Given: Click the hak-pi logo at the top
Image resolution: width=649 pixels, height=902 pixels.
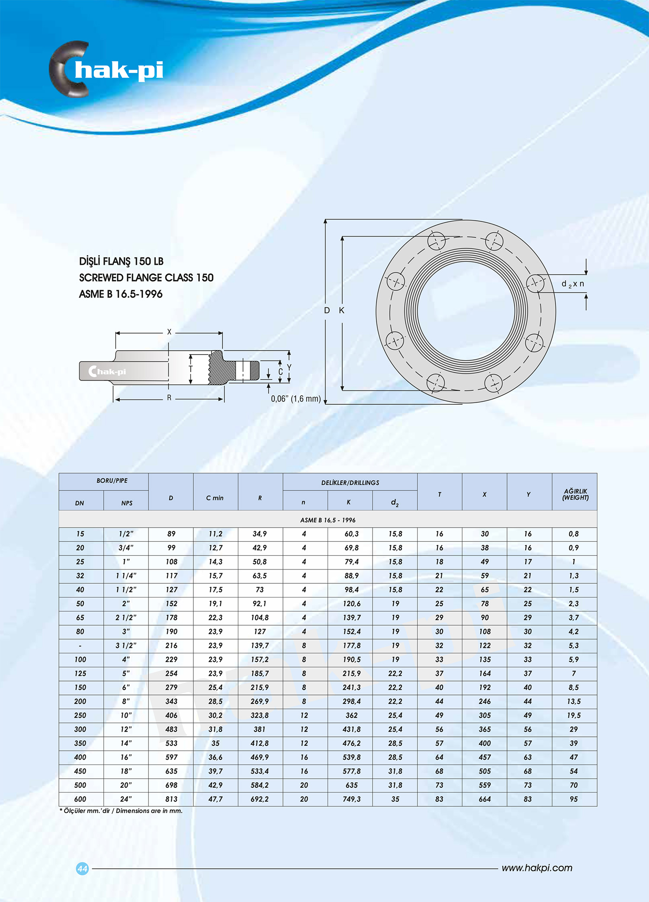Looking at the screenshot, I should (x=106, y=69).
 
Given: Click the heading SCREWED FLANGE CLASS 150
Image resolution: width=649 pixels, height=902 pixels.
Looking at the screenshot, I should (x=146, y=278).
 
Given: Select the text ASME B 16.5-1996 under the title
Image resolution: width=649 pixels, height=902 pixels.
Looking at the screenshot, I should (x=121, y=294).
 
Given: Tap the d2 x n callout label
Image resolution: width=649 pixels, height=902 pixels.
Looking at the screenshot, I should (x=572, y=284).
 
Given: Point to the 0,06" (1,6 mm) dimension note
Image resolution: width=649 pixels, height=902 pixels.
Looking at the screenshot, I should (x=296, y=399).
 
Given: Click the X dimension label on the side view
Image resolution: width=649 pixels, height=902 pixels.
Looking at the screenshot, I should (x=169, y=332).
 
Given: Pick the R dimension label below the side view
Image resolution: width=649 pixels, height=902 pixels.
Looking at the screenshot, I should (x=169, y=398).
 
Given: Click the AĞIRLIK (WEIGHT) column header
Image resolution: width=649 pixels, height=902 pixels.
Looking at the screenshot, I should (x=575, y=494).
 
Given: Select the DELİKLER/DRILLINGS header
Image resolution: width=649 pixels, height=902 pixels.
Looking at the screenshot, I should (x=350, y=483).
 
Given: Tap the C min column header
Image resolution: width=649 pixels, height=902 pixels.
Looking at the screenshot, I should (x=215, y=498).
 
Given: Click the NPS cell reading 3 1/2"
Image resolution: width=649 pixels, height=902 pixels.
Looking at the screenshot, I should (x=126, y=645).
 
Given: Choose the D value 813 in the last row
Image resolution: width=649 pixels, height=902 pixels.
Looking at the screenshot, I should (x=171, y=799).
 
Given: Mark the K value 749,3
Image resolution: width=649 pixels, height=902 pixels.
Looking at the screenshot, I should (x=351, y=799).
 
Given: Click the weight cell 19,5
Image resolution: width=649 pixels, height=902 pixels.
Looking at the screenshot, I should (x=574, y=715).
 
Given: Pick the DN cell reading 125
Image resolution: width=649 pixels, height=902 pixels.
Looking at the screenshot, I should (x=80, y=673).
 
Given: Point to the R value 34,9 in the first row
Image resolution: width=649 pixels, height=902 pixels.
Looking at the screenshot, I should (x=260, y=534).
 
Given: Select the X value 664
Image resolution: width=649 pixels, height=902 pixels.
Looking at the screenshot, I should (x=485, y=799).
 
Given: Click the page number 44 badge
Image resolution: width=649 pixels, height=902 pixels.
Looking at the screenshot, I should (x=82, y=868).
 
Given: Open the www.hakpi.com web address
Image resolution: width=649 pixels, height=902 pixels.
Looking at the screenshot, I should (x=537, y=868).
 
